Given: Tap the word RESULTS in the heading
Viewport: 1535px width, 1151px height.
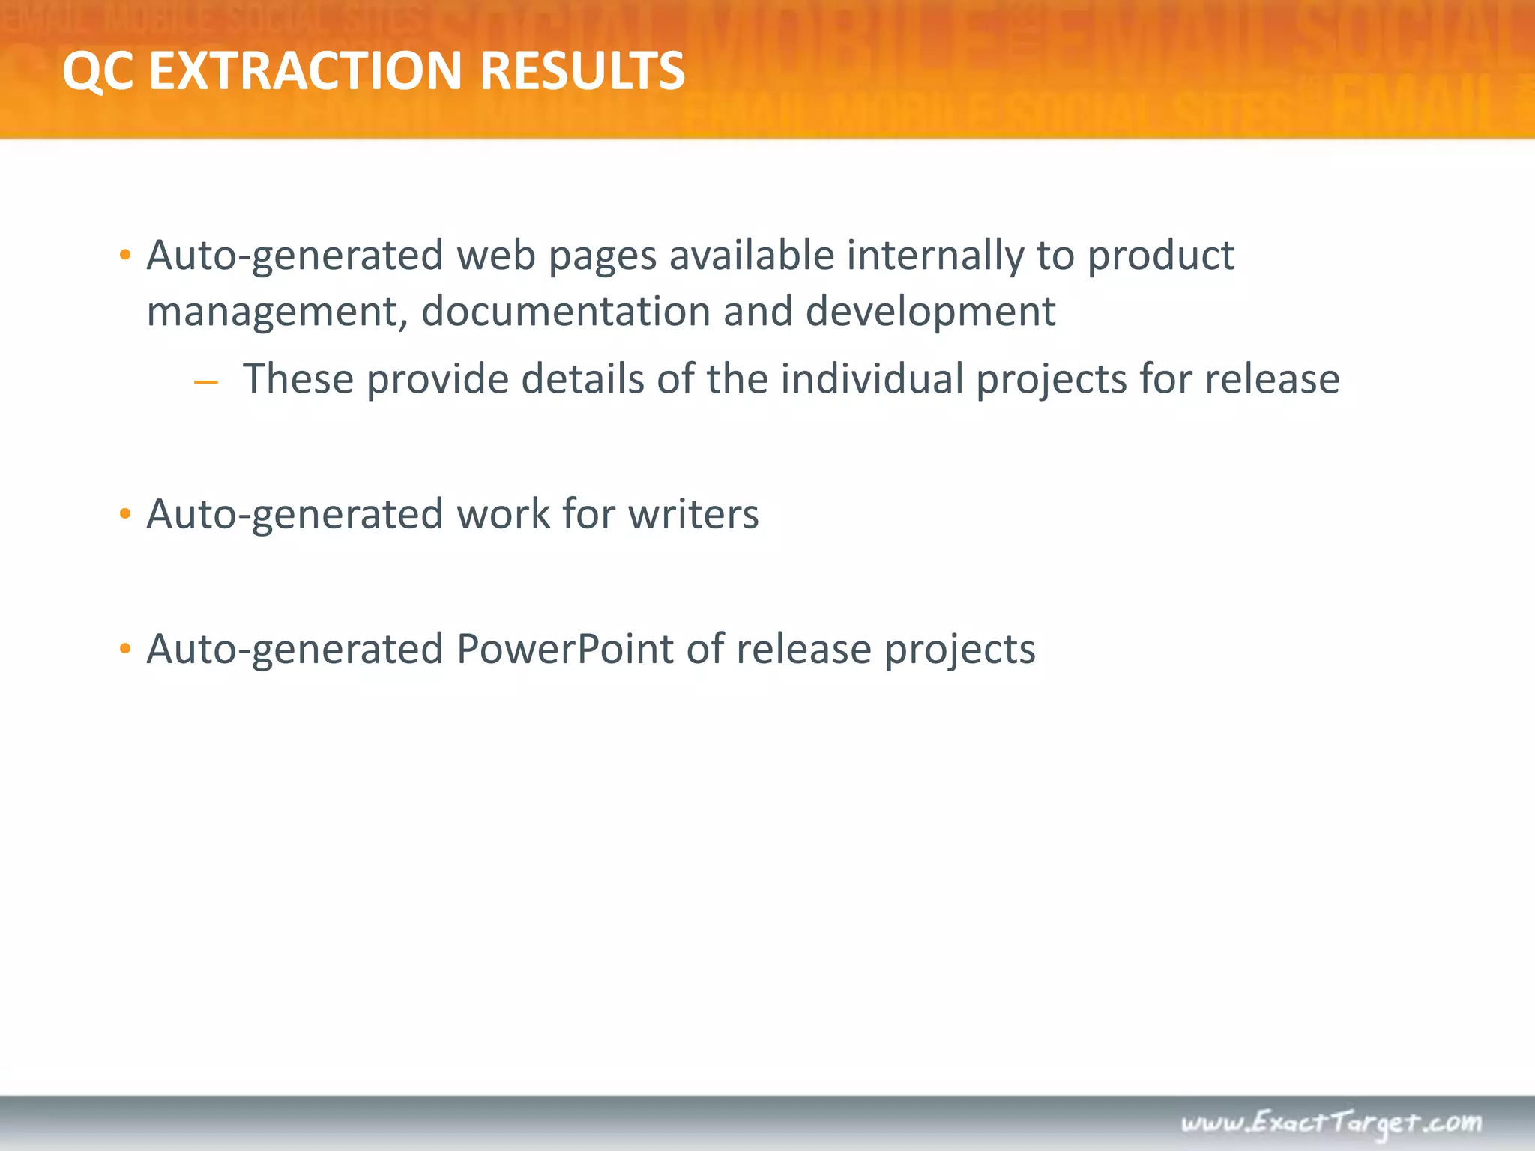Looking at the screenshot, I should click(x=582, y=71).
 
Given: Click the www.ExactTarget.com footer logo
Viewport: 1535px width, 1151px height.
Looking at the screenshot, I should click(x=1331, y=1123).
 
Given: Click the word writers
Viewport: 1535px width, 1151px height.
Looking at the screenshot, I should click(x=693, y=514).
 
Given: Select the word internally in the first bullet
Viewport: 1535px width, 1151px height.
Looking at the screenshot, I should click(x=935, y=256).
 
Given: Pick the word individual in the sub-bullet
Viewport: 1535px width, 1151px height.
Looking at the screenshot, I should click(x=872, y=379).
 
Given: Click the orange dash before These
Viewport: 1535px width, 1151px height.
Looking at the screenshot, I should click(x=205, y=383).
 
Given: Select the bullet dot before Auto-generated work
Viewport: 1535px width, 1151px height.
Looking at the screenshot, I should click(x=125, y=515).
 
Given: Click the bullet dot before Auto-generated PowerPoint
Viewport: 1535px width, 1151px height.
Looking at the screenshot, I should click(x=125, y=650).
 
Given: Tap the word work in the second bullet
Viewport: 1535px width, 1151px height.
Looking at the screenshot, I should click(x=503, y=514).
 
